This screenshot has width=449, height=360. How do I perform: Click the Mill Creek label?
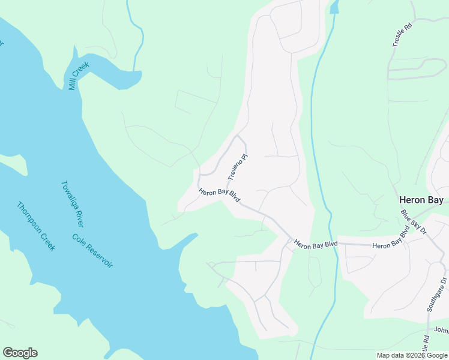(79, 76)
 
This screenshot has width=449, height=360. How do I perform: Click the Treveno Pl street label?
(238, 167)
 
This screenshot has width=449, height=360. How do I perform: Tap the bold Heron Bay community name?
(422, 200)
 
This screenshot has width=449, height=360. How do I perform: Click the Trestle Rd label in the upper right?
(399, 35)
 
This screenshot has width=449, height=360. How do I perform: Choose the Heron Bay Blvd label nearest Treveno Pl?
(219, 196)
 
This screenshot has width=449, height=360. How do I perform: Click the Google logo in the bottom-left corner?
(20, 353)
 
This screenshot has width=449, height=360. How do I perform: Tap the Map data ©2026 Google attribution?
(412, 355)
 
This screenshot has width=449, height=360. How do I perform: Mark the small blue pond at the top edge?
(334, 7)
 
